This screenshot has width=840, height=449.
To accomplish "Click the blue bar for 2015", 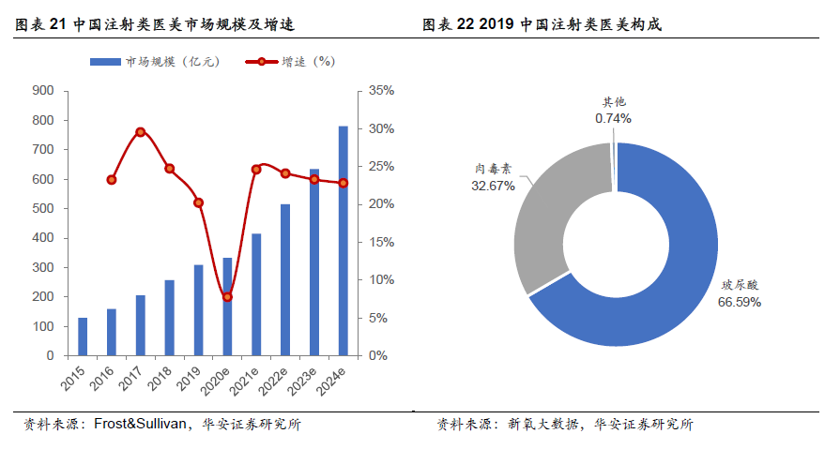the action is point(83,337).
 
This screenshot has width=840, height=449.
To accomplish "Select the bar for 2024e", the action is point(343,241).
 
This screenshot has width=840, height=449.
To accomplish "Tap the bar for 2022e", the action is point(285,280).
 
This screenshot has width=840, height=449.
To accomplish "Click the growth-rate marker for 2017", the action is point(141,132).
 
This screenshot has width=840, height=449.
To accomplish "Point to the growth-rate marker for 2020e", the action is point(227,296).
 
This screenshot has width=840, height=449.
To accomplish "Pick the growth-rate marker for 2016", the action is point(112,180).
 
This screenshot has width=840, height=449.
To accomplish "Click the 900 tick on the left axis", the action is point(43,90).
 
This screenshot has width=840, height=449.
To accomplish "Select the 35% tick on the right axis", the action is point(381,90).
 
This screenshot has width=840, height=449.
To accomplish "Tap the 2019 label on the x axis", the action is point(190,378).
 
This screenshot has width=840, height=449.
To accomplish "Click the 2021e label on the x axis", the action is point(245,381).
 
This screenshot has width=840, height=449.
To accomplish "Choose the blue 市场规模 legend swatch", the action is point(105,62).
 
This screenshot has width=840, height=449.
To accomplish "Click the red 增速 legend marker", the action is point(262,62).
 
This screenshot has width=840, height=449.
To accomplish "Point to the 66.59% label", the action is point(740,303).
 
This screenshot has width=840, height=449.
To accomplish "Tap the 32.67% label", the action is point(493,187).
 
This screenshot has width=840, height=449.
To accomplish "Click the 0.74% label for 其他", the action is point(613,118).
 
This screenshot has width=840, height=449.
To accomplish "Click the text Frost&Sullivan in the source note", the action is point(140,424).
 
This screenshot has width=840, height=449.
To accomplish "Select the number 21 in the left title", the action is point(57,24).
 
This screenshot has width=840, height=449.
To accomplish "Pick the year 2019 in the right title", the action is point(496,24).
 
